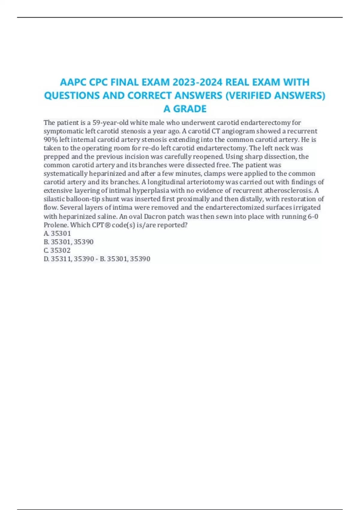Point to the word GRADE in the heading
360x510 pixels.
tap(190, 109)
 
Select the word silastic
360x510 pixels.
tap(53, 199)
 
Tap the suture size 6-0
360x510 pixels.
tap(313, 216)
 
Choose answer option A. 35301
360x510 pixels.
tap(57, 233)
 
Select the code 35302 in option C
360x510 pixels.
tap(60, 250)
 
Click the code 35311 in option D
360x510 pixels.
tap(61, 259)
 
